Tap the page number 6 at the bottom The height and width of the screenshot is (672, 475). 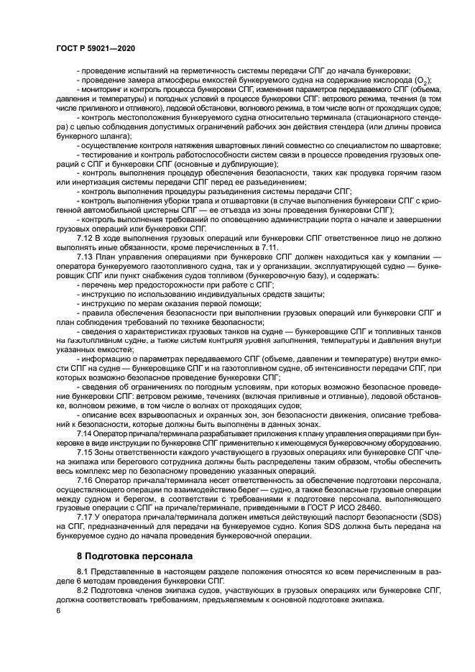pyautogui.click(x=57, y=610)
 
